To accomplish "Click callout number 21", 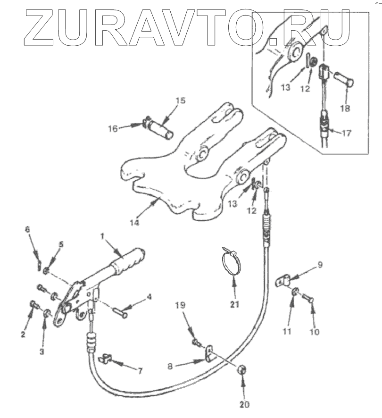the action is (x=235, y=304).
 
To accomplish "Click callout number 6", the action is (x=27, y=229).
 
